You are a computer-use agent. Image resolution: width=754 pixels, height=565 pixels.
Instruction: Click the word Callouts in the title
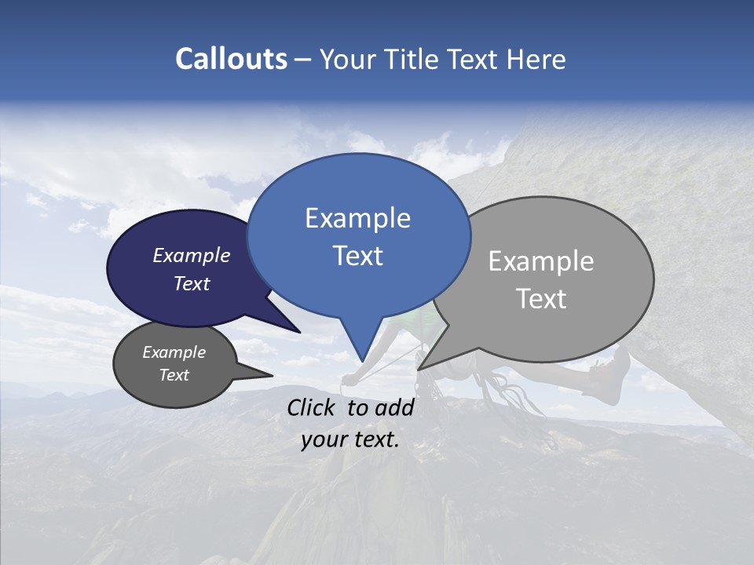(231, 59)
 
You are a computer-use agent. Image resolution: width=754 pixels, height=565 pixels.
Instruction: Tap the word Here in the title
(536, 60)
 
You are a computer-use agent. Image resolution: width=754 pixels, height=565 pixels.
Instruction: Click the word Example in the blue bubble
(357, 218)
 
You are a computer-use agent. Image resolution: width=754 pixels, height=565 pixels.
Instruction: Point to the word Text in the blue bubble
(357, 256)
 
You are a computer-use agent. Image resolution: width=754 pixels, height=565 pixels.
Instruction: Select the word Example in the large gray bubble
(540, 261)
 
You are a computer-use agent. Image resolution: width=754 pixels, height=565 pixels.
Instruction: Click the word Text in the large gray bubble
(540, 299)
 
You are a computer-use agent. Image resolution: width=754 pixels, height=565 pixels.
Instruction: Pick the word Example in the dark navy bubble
(192, 255)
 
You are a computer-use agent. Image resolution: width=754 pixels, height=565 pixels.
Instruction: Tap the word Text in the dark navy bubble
(192, 284)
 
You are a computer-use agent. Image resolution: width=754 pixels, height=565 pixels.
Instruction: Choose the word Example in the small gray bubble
(174, 352)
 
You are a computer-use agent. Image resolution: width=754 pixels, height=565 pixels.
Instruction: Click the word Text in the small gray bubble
(174, 375)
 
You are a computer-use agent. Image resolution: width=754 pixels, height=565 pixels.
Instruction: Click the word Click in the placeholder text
(313, 407)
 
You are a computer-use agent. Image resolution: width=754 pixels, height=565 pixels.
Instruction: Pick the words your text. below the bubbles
(350, 439)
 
